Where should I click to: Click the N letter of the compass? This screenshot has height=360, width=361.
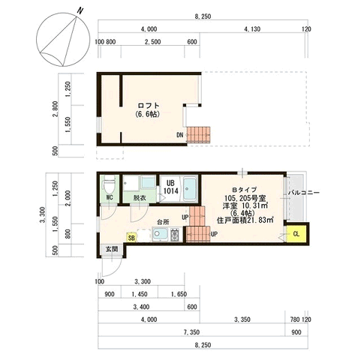coord(80,11)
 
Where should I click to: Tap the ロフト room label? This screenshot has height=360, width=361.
coord(149,106)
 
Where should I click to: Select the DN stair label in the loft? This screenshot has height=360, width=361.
coord(180,135)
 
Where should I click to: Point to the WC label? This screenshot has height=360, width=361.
coord(110,197)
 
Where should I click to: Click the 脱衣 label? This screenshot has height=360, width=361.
coord(140,198)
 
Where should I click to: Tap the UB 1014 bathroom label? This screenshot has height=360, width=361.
coord(171,187)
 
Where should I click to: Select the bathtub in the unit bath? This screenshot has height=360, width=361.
coord(190,189)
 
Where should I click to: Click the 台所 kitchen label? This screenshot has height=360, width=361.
coord(163,221)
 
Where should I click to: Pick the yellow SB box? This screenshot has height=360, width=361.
coord(131,238)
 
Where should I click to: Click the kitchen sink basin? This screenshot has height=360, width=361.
coord(160,234)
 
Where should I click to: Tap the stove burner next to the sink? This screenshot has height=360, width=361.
coord(175,235)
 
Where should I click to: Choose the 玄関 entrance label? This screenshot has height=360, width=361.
coord(112,249)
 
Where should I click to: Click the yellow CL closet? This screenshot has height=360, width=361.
coord(296,234)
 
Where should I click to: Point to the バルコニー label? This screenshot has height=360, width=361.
coord(304,193)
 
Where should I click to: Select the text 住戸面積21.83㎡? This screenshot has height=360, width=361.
coord(245,220)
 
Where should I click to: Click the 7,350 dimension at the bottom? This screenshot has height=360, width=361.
coord(191,332)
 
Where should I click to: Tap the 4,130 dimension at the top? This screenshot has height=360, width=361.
coord(252,29)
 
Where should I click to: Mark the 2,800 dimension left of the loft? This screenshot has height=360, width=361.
coord(56,109)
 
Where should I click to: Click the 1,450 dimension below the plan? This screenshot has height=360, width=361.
coord(140,294)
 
